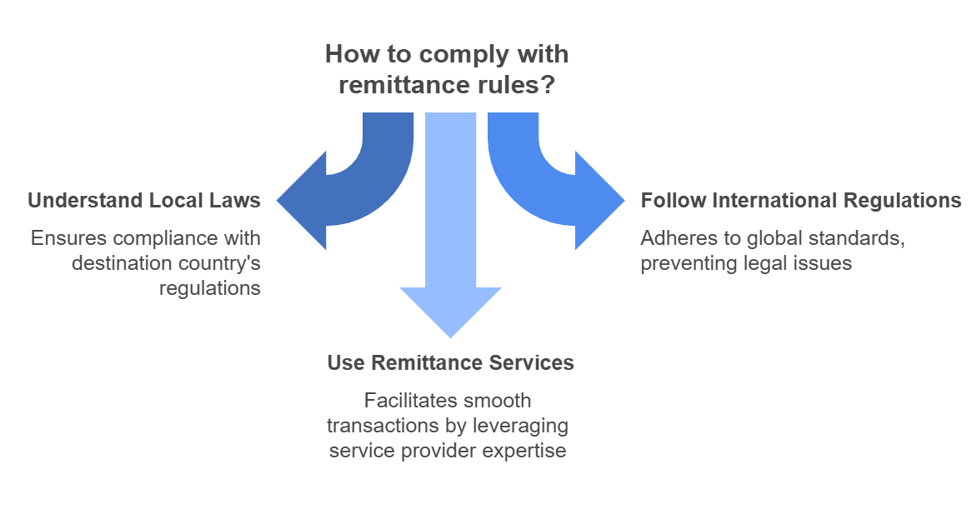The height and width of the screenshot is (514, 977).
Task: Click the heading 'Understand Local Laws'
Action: (144, 201)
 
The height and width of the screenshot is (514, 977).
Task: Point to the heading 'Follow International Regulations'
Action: (800, 201)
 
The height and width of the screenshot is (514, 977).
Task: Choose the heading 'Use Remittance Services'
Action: (450, 363)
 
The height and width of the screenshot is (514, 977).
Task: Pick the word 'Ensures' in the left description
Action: (68, 238)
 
